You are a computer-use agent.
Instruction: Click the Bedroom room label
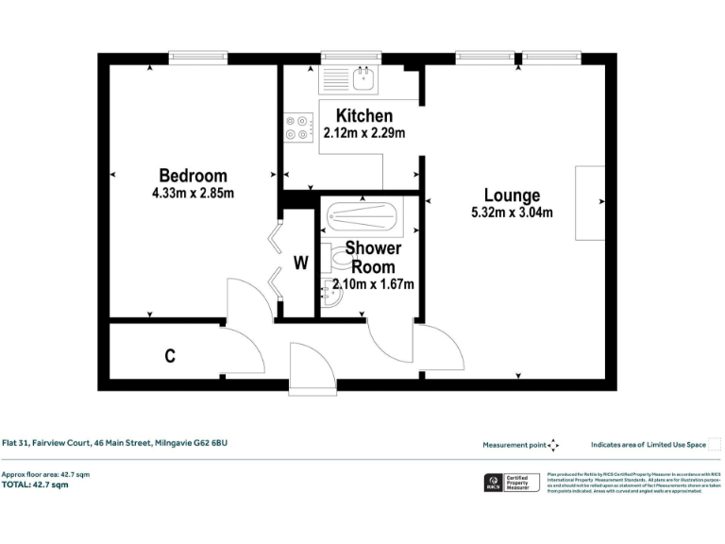[x=193, y=176]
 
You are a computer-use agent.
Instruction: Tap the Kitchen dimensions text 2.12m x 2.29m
[x=363, y=133]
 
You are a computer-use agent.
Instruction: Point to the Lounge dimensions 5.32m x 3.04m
[x=512, y=212]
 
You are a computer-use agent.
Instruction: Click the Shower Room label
[x=373, y=257]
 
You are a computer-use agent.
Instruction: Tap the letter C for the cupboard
[x=170, y=356]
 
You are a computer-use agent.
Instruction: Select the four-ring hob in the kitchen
[x=299, y=127]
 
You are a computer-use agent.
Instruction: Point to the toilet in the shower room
[x=327, y=257]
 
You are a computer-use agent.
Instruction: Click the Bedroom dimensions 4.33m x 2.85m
[x=193, y=194]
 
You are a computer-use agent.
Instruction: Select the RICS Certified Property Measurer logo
[x=511, y=483]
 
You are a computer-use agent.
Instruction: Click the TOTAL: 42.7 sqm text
[x=35, y=484]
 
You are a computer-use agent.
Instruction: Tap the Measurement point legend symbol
[x=553, y=445]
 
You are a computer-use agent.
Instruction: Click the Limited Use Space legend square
[x=715, y=445]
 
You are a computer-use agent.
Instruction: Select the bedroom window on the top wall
[x=197, y=57]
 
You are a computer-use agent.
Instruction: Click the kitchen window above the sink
[x=350, y=57]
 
